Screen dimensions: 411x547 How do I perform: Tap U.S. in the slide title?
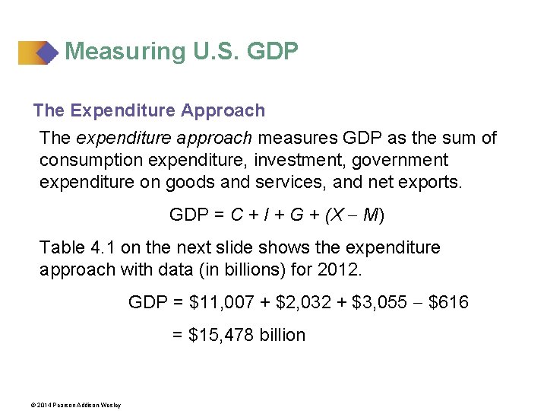click(x=209, y=52)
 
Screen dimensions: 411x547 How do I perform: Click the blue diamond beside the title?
click(x=47, y=53)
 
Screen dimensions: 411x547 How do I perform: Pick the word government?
click(x=400, y=161)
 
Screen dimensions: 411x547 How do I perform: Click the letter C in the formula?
click(x=237, y=215)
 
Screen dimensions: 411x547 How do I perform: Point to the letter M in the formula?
click(x=371, y=215)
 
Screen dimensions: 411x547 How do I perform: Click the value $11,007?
click(x=221, y=303)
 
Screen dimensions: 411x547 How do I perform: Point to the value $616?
click(x=448, y=303)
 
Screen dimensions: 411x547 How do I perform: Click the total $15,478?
click(x=223, y=336)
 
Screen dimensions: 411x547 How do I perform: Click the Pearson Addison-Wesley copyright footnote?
click(x=77, y=404)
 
